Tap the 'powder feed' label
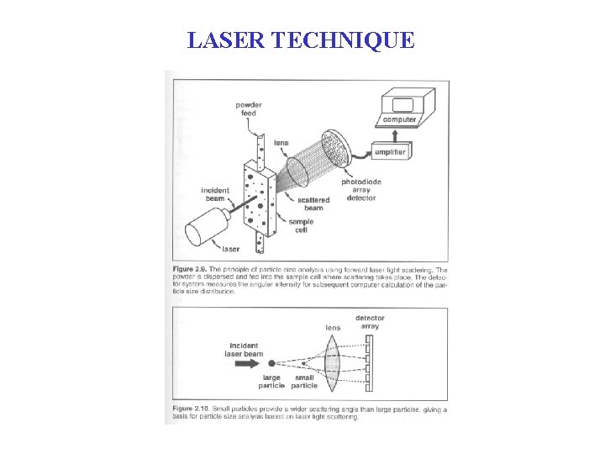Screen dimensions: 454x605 tap(249, 110)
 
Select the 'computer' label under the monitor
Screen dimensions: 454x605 tap(399, 119)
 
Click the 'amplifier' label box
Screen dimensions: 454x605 tap(391, 152)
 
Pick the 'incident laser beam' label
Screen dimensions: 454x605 tap(245, 350)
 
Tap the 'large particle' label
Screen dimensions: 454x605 tap(270, 383)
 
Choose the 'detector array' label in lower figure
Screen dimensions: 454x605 tap(370, 322)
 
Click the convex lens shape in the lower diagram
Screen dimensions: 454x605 tap(332, 363)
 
